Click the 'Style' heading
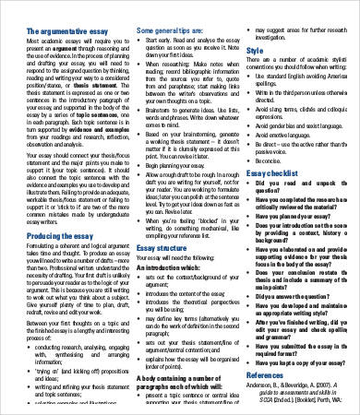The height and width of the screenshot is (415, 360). click(255, 52)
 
